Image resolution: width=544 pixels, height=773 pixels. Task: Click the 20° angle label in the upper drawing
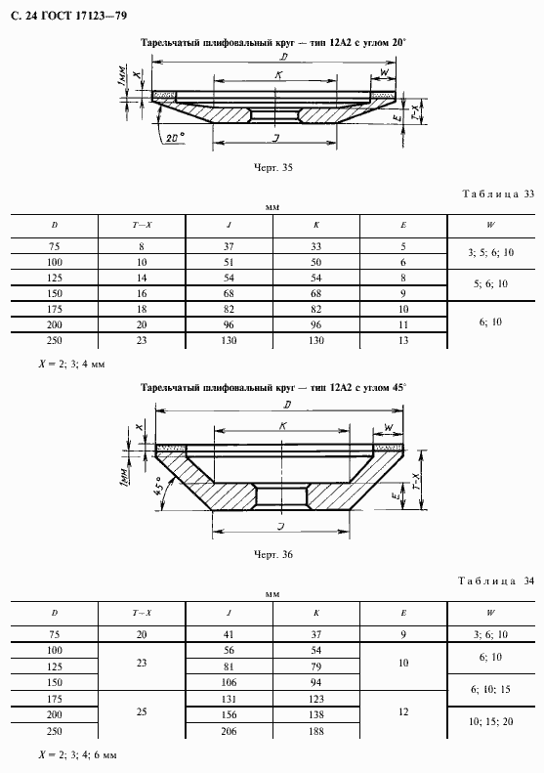point(175,138)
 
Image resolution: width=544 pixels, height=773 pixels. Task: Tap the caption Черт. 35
point(273,168)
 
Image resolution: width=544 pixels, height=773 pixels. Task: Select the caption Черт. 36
point(273,555)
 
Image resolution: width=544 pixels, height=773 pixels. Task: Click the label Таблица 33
point(498,193)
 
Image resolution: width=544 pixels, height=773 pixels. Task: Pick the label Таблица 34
point(496,580)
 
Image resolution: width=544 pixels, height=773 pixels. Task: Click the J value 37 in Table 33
point(229,246)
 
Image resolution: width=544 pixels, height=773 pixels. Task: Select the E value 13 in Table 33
point(403,340)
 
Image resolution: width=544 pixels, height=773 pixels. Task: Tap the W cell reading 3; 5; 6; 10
point(491,253)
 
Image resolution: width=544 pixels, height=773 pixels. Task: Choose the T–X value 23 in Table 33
point(142,340)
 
